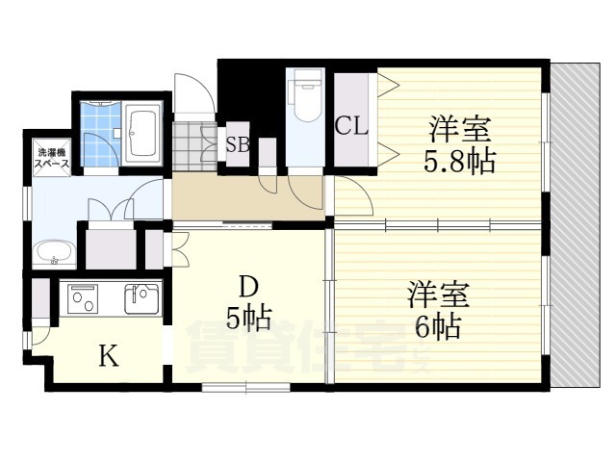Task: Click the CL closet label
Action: coord(351,125)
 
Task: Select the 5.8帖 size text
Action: coord(459,160)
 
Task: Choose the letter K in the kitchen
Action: coord(109,357)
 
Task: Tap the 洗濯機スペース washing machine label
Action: coord(50,159)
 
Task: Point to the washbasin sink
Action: coord(54,255)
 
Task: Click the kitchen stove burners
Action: coord(82,298)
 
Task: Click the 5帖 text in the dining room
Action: coord(248,317)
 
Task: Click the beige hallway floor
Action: coord(241,198)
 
